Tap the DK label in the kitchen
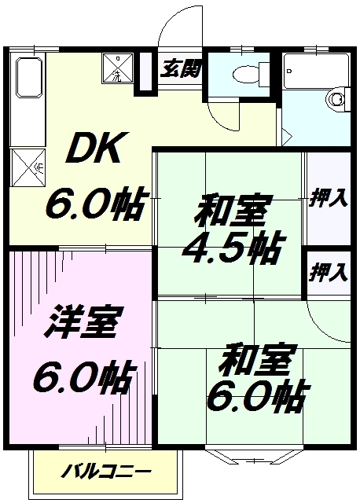tap(93, 148)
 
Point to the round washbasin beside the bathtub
tap(337, 99)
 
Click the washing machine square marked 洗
tap(118, 68)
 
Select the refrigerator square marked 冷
tap(28, 167)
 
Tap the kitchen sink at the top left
tap(29, 77)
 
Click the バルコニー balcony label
tap(107, 471)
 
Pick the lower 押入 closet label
tap(329, 273)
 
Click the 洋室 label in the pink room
tap(80, 322)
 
